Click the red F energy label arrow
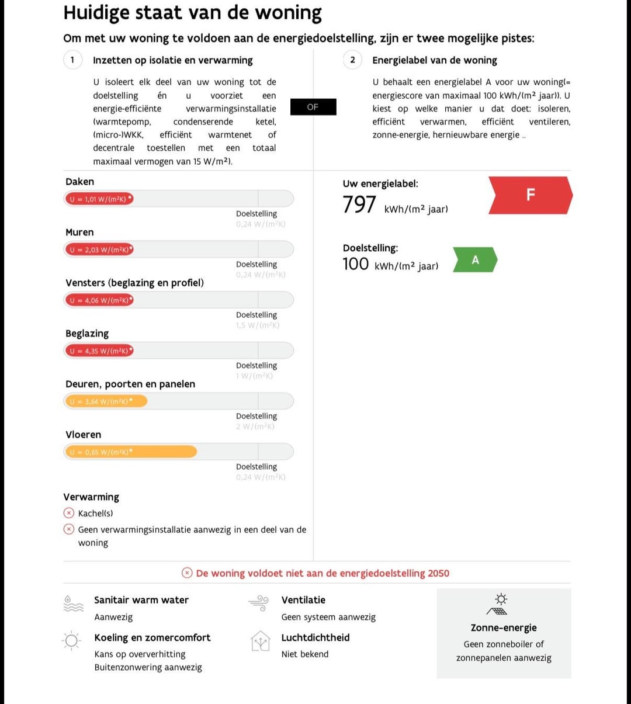click(x=530, y=195)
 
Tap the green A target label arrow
click(x=474, y=260)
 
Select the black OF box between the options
click(x=313, y=107)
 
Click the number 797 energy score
click(x=359, y=205)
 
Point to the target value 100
click(x=356, y=264)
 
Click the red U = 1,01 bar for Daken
click(x=99, y=199)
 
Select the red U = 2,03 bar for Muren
click(x=99, y=250)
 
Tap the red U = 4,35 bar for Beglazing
click(x=99, y=351)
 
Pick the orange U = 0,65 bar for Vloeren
click(x=130, y=452)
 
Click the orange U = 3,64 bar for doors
click(x=106, y=401)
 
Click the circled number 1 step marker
click(x=72, y=60)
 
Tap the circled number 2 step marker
click(x=352, y=60)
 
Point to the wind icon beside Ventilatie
click(x=258, y=603)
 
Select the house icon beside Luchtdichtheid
click(x=261, y=641)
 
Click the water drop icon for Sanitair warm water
click(x=73, y=604)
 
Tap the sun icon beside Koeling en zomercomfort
click(x=72, y=641)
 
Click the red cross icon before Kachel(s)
click(x=69, y=513)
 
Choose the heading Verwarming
click(x=91, y=497)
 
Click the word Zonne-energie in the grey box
click(x=504, y=627)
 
